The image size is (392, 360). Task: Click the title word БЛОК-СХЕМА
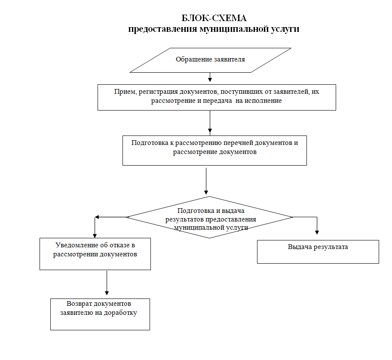pyautogui.click(x=214, y=18)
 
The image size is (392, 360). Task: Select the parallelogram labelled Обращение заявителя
pyautogui.click(x=210, y=60)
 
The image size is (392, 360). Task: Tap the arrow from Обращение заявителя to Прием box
pyautogui.click(x=210, y=77)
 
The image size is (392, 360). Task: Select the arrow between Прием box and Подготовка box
pyautogui.click(x=210, y=122)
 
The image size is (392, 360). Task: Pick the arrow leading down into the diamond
pyautogui.click(x=206, y=181)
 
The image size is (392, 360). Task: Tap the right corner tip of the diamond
pyautogui.click(x=293, y=217)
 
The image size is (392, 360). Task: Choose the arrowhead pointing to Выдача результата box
pyautogui.click(x=317, y=232)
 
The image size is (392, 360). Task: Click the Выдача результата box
pyautogui.click(x=318, y=252)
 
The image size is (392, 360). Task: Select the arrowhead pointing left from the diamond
pyautogui.click(x=97, y=217)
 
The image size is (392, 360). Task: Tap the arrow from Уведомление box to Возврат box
pyautogui.click(x=107, y=283)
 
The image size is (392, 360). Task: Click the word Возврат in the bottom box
pyautogui.click(x=78, y=304)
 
